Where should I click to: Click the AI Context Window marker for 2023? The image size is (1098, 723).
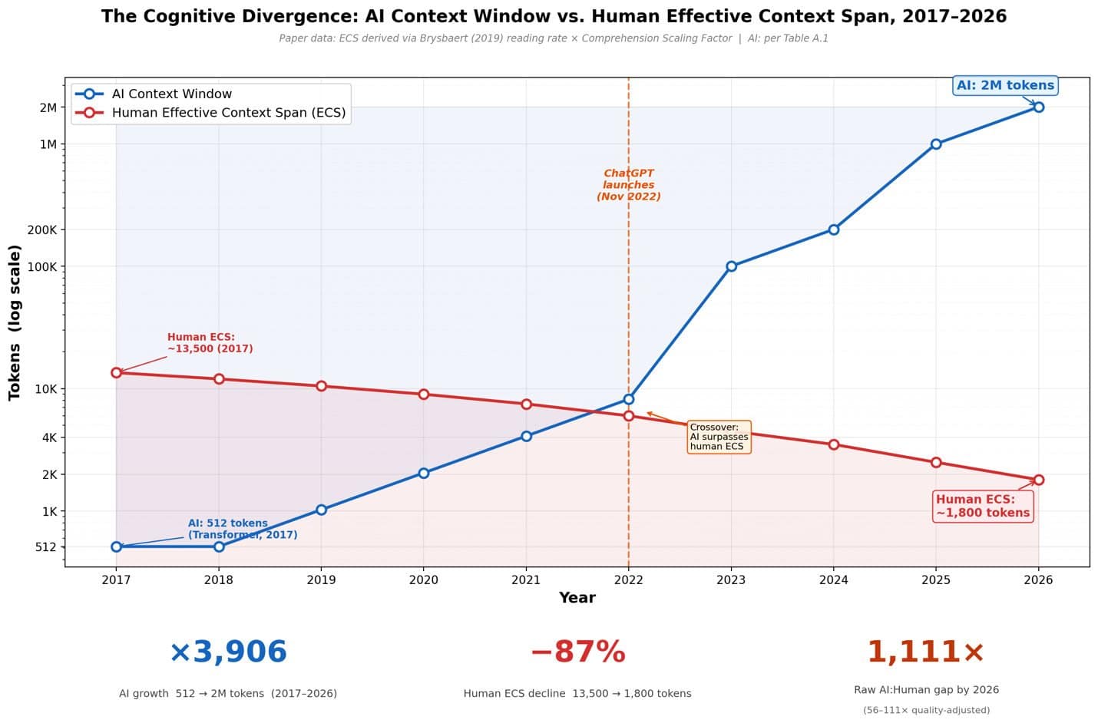(x=731, y=266)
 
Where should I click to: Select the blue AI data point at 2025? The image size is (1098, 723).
(x=936, y=144)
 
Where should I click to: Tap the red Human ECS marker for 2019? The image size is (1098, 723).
(x=321, y=386)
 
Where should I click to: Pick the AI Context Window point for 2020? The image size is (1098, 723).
(x=424, y=474)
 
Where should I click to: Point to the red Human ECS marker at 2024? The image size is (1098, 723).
(x=834, y=444)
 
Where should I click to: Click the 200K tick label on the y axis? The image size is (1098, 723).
(x=42, y=229)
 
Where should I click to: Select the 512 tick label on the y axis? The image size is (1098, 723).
(x=46, y=547)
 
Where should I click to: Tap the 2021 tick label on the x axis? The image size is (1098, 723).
(x=526, y=580)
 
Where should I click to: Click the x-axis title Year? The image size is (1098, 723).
(x=577, y=598)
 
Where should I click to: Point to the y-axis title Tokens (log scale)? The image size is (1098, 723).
(x=15, y=322)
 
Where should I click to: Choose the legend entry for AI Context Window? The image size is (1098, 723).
(x=153, y=94)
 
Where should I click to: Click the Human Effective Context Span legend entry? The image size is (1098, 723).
(x=210, y=113)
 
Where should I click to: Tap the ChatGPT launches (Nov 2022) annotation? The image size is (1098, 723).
(x=629, y=185)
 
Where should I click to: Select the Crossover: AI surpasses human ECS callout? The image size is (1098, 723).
(x=719, y=437)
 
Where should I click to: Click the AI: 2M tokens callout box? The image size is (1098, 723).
(x=1005, y=85)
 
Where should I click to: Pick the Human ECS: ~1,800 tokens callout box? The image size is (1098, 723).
(x=983, y=506)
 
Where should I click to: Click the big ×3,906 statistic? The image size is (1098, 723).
(x=228, y=652)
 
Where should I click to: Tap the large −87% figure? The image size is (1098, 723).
(x=578, y=652)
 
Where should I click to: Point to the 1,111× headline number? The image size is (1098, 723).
(x=926, y=652)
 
